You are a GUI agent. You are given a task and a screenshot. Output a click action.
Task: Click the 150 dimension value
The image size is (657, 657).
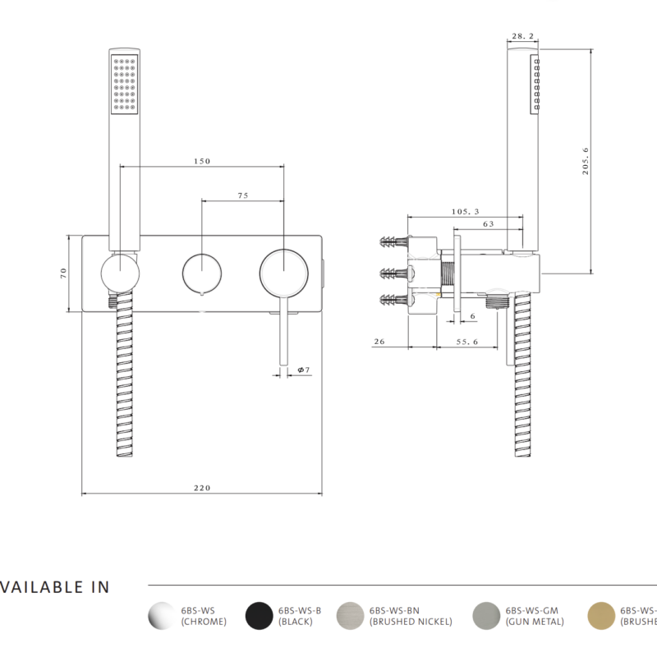(x=202, y=162)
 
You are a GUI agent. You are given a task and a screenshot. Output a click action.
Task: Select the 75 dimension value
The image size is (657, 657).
(x=243, y=196)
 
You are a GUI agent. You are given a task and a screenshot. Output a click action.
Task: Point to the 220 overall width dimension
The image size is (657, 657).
(x=202, y=488)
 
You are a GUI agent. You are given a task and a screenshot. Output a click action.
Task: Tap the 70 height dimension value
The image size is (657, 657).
(x=63, y=273)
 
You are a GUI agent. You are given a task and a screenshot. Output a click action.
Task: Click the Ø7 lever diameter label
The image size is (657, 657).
(x=302, y=370)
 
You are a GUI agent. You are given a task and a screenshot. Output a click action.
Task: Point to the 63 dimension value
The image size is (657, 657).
(x=488, y=223)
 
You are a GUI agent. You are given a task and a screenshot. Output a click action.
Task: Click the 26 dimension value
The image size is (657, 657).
(x=379, y=342)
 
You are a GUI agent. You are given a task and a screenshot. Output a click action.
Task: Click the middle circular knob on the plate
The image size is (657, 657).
(x=200, y=273)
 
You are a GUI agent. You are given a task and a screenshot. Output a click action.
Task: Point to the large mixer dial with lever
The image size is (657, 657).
(x=283, y=271)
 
